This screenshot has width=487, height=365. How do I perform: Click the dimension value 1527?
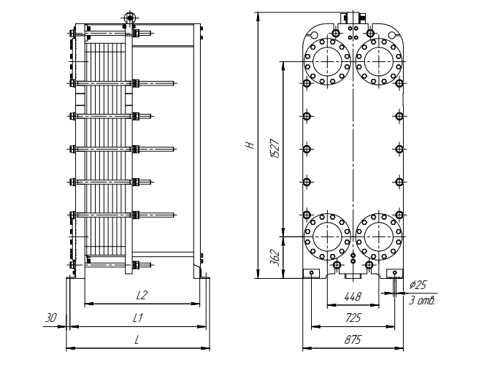[275, 148]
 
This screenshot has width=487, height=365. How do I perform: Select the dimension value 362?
[275, 258]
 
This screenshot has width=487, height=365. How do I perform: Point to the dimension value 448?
[353, 296]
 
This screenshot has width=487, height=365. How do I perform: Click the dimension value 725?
[353, 318]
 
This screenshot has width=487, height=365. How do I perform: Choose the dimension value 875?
[353, 340]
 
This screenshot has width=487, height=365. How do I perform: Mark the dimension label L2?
[142, 295]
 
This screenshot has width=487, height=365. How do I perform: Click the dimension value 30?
[50, 318]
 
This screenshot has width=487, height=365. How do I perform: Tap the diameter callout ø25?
[419, 285]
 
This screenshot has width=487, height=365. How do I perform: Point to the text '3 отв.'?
[422, 300]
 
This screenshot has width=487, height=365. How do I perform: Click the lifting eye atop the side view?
[131, 17]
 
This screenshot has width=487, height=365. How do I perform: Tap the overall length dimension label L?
[137, 340]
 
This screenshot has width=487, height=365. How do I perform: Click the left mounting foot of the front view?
[311, 273]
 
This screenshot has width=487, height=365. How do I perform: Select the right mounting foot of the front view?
[395, 273]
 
